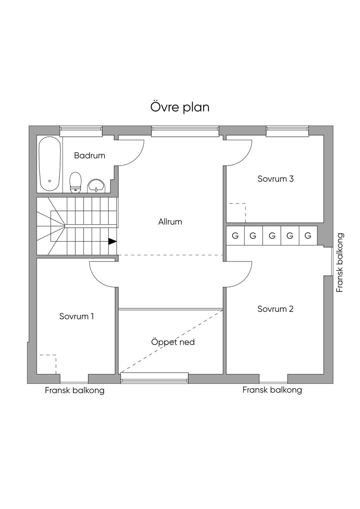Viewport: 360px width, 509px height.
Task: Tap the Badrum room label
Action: [x=90, y=155]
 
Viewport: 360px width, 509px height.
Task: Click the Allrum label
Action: [x=170, y=221]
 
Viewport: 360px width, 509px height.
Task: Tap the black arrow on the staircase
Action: [x=112, y=241]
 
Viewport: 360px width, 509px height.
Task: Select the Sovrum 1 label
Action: [x=77, y=316]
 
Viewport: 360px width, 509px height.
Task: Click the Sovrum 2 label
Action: [x=276, y=309]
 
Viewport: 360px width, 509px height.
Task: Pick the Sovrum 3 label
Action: [x=276, y=179]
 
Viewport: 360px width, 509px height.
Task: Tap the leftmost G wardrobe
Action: [x=235, y=236]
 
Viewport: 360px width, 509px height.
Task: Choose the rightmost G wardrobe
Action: [x=308, y=236]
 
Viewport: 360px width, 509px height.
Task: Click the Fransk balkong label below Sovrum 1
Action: [x=75, y=391]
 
